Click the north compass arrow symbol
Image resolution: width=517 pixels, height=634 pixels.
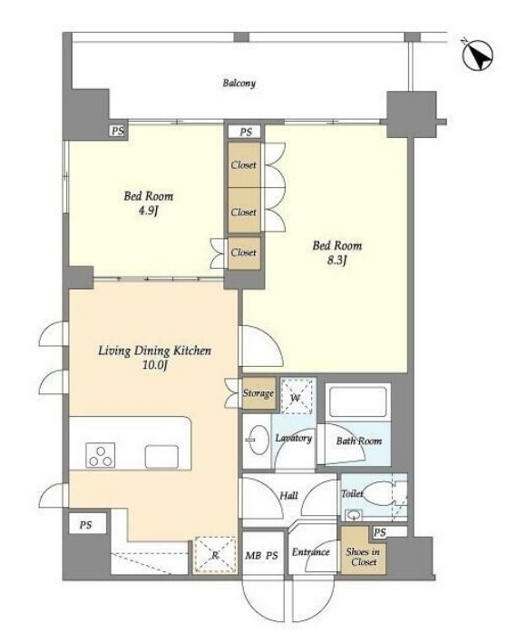pos(477,55)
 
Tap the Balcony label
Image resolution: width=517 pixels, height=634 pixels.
pos(239,84)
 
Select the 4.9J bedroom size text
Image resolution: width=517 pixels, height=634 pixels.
pos(148,211)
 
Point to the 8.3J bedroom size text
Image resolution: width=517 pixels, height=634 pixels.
pos(337,261)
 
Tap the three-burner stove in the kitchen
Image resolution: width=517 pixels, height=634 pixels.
pos(100,455)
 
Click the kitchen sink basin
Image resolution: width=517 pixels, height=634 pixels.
pos(161,457)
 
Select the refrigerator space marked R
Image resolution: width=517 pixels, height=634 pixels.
pos(215,555)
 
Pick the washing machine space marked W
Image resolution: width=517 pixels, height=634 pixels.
pos(297,396)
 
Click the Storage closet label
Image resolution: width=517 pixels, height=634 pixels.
pos(258,393)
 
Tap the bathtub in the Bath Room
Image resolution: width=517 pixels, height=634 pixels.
pos(358,401)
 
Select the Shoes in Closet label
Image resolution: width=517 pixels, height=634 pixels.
pos(363,557)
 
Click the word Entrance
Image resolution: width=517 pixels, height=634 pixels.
pos(310,552)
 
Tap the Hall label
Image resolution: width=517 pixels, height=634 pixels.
pos(288,496)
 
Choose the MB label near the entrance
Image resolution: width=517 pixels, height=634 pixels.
pos(252,556)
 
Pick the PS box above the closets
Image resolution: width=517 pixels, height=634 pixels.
pos(246,133)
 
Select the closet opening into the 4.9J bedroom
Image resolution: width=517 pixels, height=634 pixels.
pos(244,253)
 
